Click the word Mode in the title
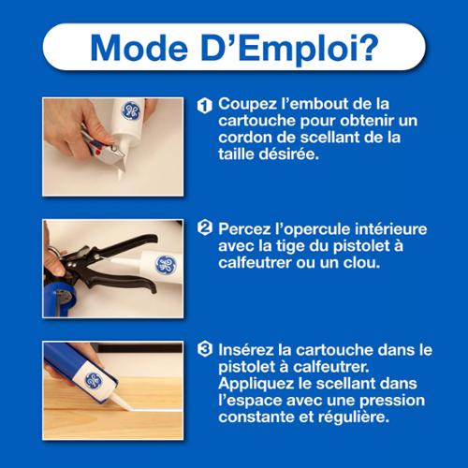139,48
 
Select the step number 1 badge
205,106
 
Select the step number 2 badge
205,227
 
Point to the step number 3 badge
205,349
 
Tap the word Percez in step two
245,229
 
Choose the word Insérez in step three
246,350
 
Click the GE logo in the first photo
130,110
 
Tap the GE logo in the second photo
166,266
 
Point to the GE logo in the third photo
94,381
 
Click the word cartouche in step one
256,121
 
